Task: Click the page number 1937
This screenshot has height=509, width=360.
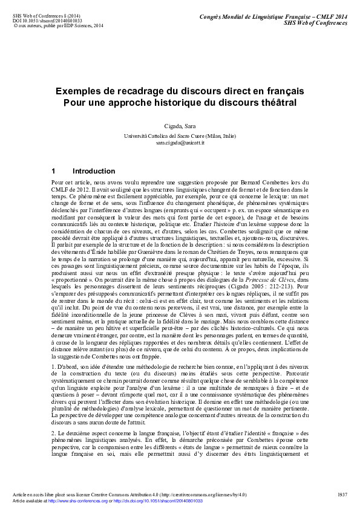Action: (342, 494)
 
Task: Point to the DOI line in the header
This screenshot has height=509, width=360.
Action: (48, 21)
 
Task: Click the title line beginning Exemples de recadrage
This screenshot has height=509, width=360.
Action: (180, 91)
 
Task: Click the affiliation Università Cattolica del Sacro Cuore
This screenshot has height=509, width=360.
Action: (180, 137)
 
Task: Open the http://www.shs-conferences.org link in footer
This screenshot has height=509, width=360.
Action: (74, 501)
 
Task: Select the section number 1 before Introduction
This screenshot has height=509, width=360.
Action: (54, 171)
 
